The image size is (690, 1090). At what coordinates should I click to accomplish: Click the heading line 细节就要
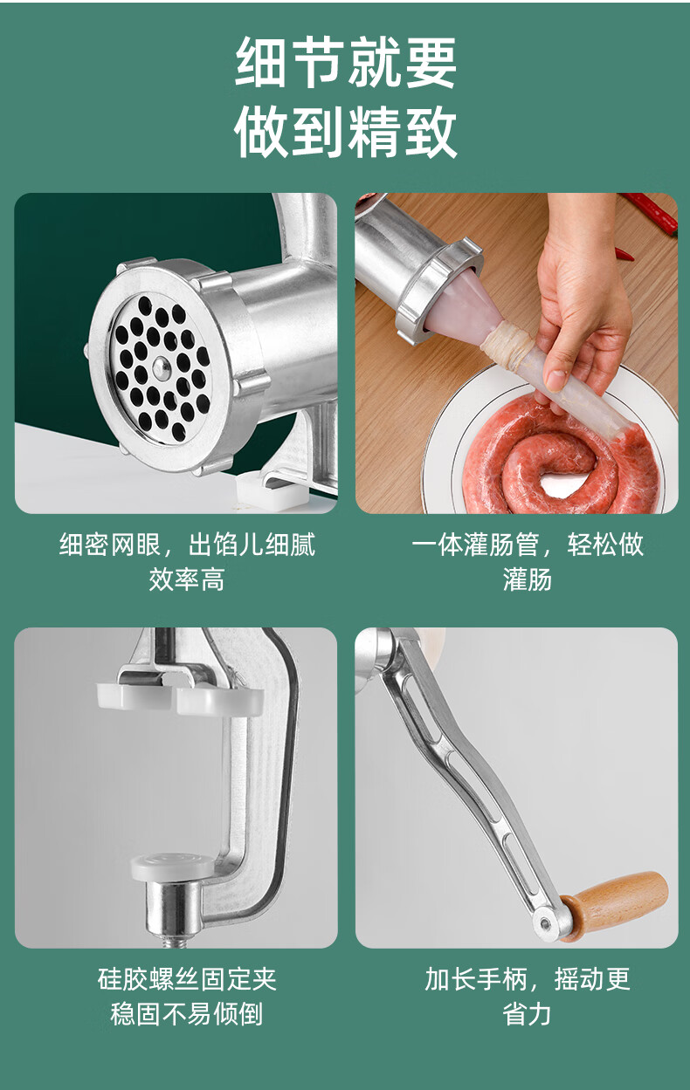(346, 62)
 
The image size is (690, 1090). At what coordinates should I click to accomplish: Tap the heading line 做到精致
(346, 132)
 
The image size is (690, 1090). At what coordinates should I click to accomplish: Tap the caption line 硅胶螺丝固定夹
(187, 979)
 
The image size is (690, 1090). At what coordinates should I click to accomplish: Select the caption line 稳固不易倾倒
(187, 1014)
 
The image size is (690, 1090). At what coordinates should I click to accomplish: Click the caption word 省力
(527, 1014)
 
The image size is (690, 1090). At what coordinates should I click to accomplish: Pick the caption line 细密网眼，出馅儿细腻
(187, 544)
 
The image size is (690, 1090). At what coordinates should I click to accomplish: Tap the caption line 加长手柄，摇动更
(528, 979)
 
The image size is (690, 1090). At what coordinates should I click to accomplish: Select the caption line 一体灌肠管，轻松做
(528, 544)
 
